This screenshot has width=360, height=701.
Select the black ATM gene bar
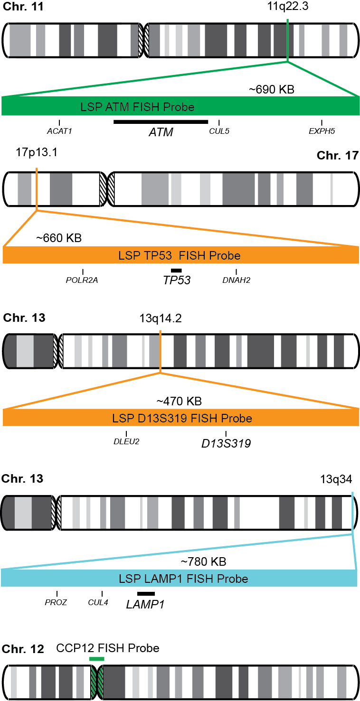coord(161,122)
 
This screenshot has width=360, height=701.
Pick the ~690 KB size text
coord(272,89)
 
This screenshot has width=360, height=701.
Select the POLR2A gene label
coord(82,280)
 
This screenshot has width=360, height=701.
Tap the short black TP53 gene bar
coord(176,271)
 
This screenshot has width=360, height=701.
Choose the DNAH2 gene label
coord(236,280)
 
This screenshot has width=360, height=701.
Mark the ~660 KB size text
coord(59,238)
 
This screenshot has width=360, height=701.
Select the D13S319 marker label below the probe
coord(226,444)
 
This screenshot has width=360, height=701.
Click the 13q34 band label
coord(336,479)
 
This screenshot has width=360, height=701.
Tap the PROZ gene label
coord(57,603)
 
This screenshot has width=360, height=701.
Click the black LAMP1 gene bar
coord(146,594)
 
